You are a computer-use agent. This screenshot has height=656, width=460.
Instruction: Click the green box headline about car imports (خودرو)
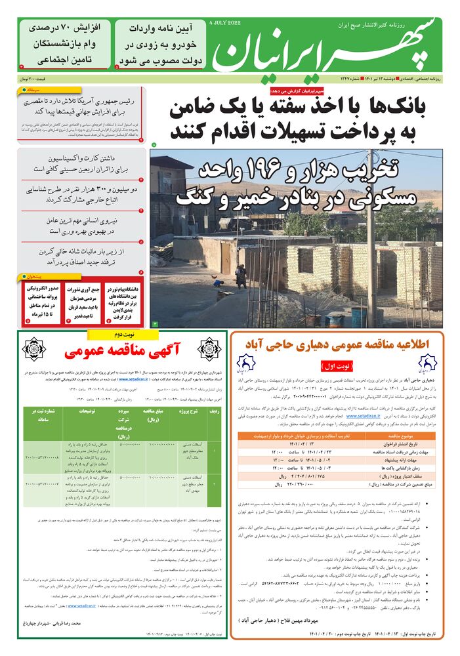tap(161, 44)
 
